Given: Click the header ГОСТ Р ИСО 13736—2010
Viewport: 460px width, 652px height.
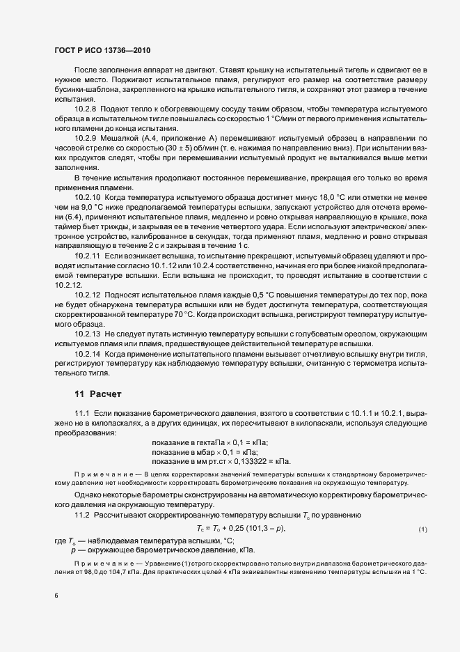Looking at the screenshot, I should tap(103, 50).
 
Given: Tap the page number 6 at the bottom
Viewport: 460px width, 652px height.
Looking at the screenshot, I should tap(56, 596).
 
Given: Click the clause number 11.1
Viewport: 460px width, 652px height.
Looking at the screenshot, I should tap(82, 414).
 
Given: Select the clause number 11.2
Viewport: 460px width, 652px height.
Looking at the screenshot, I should tap(82, 515).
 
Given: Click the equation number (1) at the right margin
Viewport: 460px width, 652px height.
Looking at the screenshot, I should tap(422, 530).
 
